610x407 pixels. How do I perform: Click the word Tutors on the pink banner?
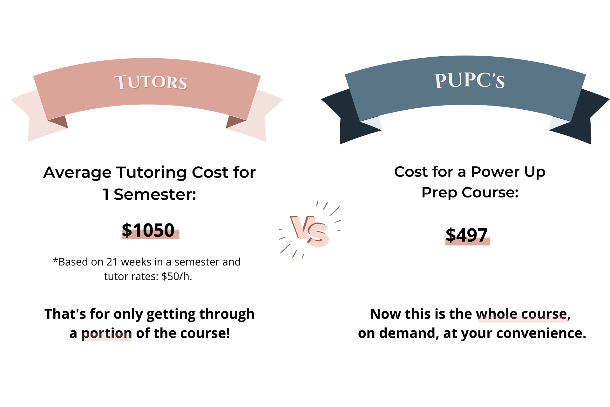click(151, 82)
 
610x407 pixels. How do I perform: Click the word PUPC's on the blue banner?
click(470, 80)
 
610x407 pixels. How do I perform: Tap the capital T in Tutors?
click(121, 82)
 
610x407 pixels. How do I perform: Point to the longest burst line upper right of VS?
click(335, 211)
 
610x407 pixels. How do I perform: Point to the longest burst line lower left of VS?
click(285, 249)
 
